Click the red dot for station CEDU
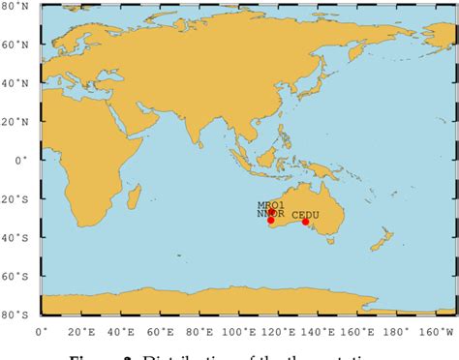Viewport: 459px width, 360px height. (305, 222)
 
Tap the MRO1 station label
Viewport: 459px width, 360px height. (269, 205)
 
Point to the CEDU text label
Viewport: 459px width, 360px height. (305, 203)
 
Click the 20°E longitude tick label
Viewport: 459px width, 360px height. (81, 333)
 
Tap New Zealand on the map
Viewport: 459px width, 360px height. (384, 237)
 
